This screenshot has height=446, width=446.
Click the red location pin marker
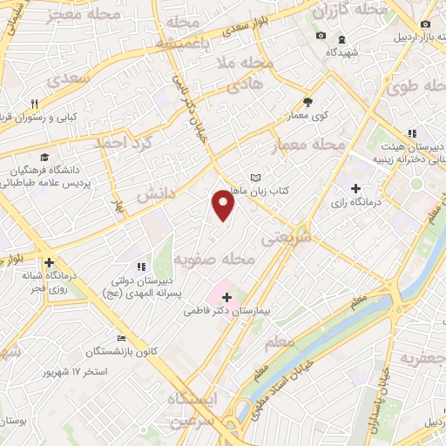click(224, 206)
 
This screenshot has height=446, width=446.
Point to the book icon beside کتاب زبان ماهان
click(254, 178)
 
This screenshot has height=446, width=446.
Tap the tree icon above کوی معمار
click(307, 100)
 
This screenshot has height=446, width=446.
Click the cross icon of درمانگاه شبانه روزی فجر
click(49, 261)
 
